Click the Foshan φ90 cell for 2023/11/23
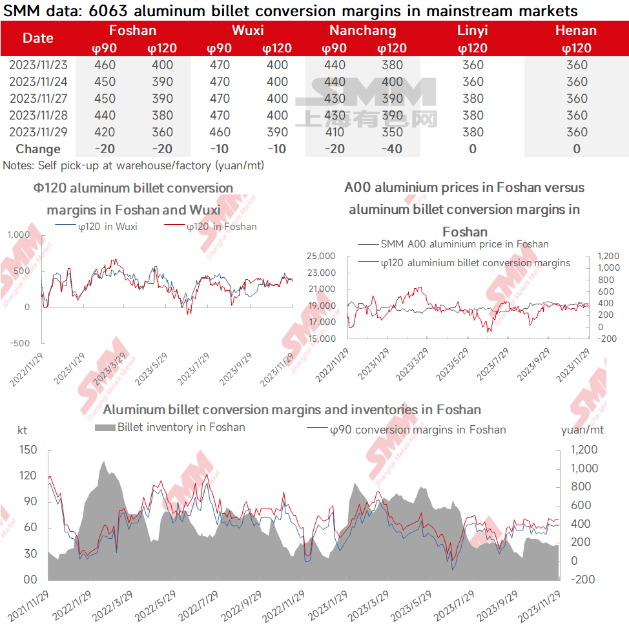pos(105,65)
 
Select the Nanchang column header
pos(363,30)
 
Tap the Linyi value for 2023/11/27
pos(473,99)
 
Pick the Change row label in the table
pos(38,149)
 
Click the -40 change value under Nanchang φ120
pos(391,149)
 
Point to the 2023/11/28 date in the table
pos(38,116)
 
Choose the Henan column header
pos(576,30)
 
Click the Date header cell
pos(38,38)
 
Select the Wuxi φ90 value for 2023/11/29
pos(220,132)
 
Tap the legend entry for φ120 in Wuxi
pos(96,227)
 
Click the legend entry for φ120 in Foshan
pos(210,227)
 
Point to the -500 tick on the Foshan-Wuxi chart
pos(20,344)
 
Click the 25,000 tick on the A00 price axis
pos(321,256)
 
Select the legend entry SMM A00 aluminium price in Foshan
pos(453,244)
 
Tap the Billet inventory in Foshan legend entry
pos(170,427)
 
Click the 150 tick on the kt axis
pos(28,450)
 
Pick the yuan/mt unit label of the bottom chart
pos(582,430)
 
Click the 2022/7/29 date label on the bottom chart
pos(199,605)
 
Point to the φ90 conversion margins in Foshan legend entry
pos(406,430)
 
